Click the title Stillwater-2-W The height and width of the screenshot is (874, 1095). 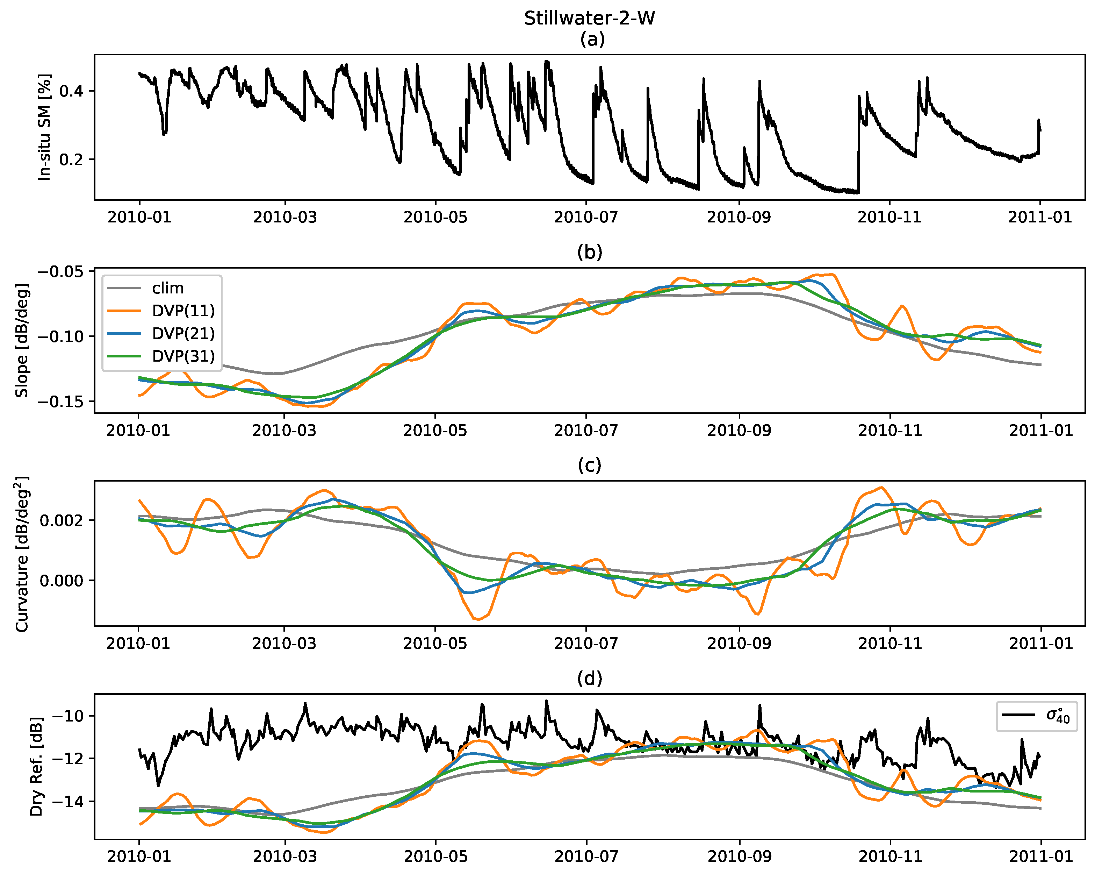(589, 18)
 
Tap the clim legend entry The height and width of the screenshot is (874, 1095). (168, 288)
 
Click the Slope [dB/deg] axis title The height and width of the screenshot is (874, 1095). (21, 340)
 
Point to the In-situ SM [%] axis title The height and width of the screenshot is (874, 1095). (45, 127)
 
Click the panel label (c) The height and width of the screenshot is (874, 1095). (589, 465)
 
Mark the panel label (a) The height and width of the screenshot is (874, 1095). (592, 39)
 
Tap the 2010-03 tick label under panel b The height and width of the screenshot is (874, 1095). (284, 431)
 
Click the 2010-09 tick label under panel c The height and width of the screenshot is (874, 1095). (739, 643)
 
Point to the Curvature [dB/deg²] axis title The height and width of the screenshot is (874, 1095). (21, 554)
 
